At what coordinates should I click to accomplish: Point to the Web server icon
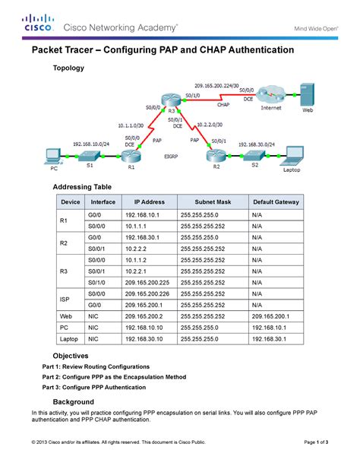click(x=308, y=95)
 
